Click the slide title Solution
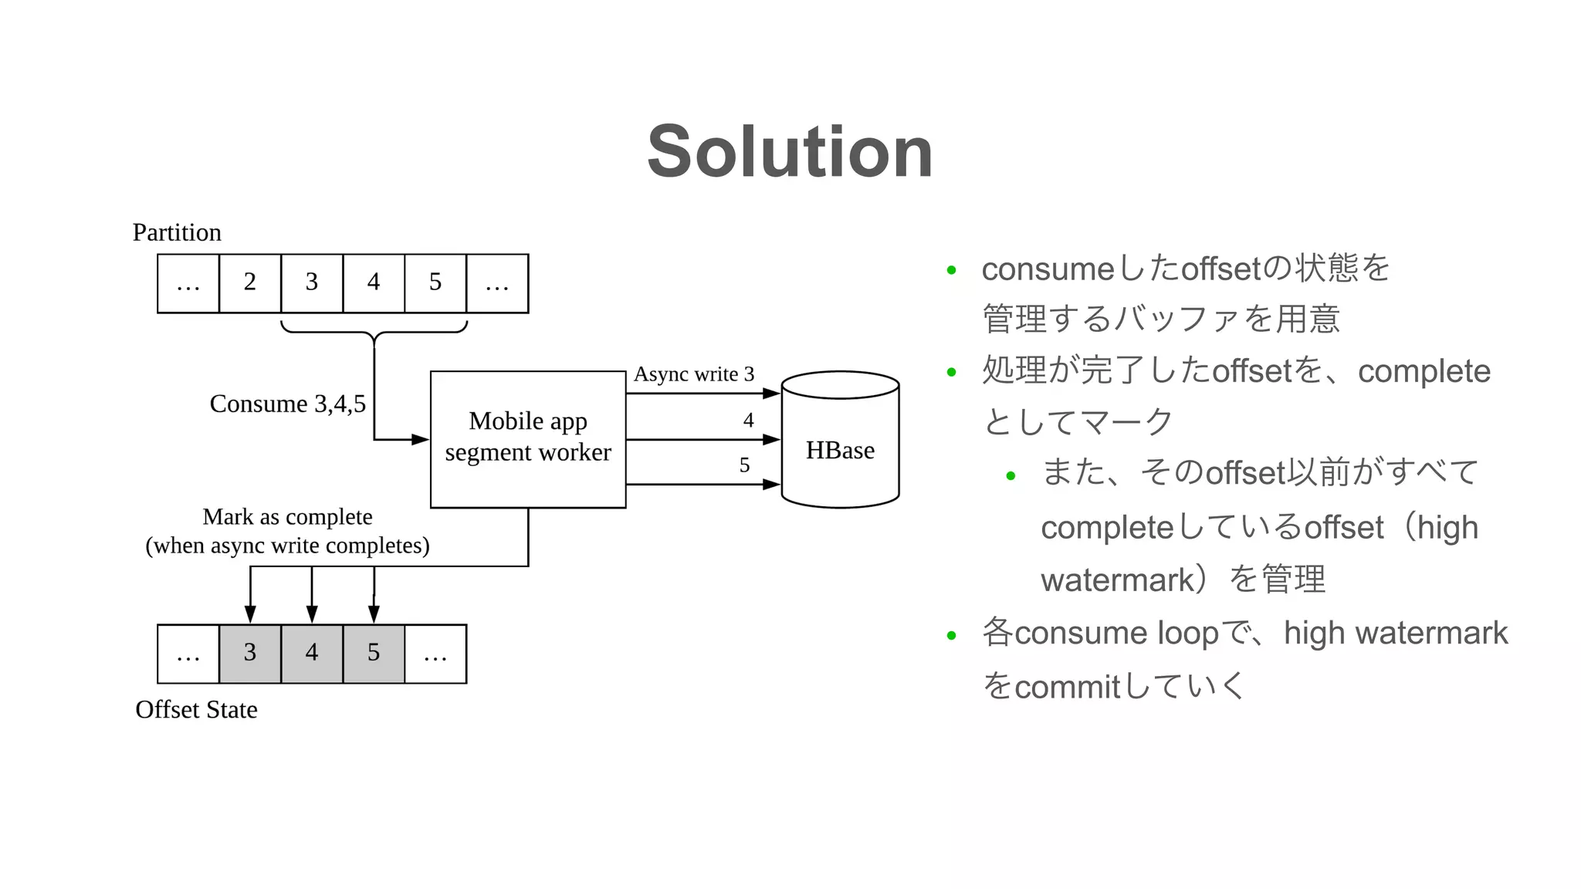point(790,152)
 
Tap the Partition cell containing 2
point(249,283)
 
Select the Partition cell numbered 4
point(374,283)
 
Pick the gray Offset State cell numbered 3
point(250,654)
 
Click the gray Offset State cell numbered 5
point(374,654)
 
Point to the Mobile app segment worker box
point(528,438)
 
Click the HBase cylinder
point(840,449)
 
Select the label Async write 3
point(693,374)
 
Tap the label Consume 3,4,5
point(287,404)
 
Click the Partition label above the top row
point(177,232)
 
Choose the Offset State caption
point(196,709)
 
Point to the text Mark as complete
point(287,516)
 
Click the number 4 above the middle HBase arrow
point(748,420)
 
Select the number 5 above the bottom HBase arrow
point(744,465)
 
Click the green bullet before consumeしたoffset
point(951,270)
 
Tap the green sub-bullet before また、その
point(1011,476)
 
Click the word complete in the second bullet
point(1424,371)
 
